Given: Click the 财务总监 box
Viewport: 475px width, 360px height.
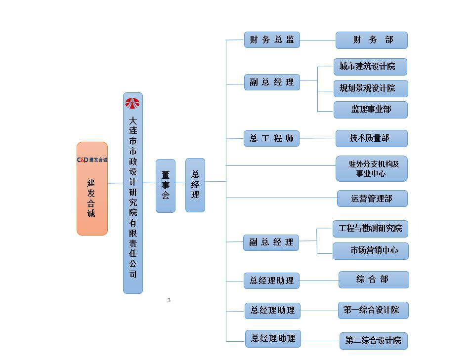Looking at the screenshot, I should pyautogui.click(x=272, y=40).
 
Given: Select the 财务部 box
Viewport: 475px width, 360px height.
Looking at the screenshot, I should pyautogui.click(x=371, y=40).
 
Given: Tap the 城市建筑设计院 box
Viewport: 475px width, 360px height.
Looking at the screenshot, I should pyautogui.click(x=370, y=67).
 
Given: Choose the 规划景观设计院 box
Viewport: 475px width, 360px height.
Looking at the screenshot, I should pyautogui.click(x=370, y=88).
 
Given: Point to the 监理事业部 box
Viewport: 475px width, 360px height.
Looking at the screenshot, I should pyautogui.click(x=370, y=110).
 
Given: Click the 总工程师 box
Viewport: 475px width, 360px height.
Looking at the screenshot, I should pyautogui.click(x=271, y=139).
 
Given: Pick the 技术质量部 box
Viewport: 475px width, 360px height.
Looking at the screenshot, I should pyautogui.click(x=371, y=139).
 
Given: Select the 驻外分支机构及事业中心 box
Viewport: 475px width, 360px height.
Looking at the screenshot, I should pyautogui.click(x=371, y=169).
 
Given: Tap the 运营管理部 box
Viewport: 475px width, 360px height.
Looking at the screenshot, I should pyautogui.click(x=372, y=199).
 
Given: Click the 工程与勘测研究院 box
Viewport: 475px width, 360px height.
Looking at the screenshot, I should pyautogui.click(x=370, y=229).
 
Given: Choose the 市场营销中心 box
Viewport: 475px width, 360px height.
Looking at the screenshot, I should pyautogui.click(x=370, y=251).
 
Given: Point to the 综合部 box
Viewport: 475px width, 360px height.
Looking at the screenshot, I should pyautogui.click(x=373, y=280).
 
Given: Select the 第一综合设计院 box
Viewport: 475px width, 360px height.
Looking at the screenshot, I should pyautogui.click(x=373, y=310).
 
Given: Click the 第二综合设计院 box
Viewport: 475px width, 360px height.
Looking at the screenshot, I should pyautogui.click(x=373, y=341).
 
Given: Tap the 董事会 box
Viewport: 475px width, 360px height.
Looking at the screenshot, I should pyautogui.click(x=166, y=186).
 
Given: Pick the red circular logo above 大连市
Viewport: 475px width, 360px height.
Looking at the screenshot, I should pyautogui.click(x=132, y=103).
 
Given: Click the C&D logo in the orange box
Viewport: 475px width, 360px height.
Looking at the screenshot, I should pyautogui.click(x=92, y=160).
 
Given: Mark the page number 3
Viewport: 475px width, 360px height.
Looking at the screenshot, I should pyautogui.click(x=169, y=300).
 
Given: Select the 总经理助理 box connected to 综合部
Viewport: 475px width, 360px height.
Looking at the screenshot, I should pyautogui.click(x=271, y=281).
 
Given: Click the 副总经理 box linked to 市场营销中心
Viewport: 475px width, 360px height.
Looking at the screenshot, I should pyautogui.click(x=271, y=242).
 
